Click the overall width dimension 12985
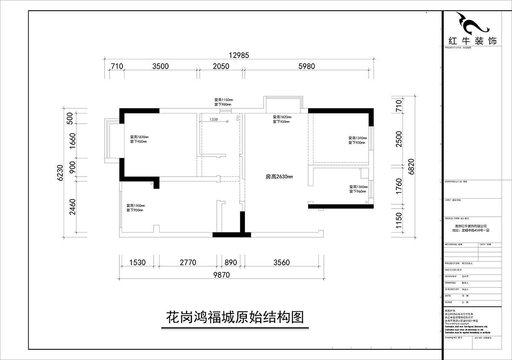tap(239, 55)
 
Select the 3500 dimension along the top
tap(160, 66)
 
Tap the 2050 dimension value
tap(221, 66)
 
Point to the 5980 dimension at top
tap(306, 66)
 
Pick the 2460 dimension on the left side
tap(72, 207)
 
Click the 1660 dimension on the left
tap(72, 140)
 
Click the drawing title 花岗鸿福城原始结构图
tap(234, 318)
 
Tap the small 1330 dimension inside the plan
tap(214, 120)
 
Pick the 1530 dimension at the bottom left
tap(137, 263)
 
